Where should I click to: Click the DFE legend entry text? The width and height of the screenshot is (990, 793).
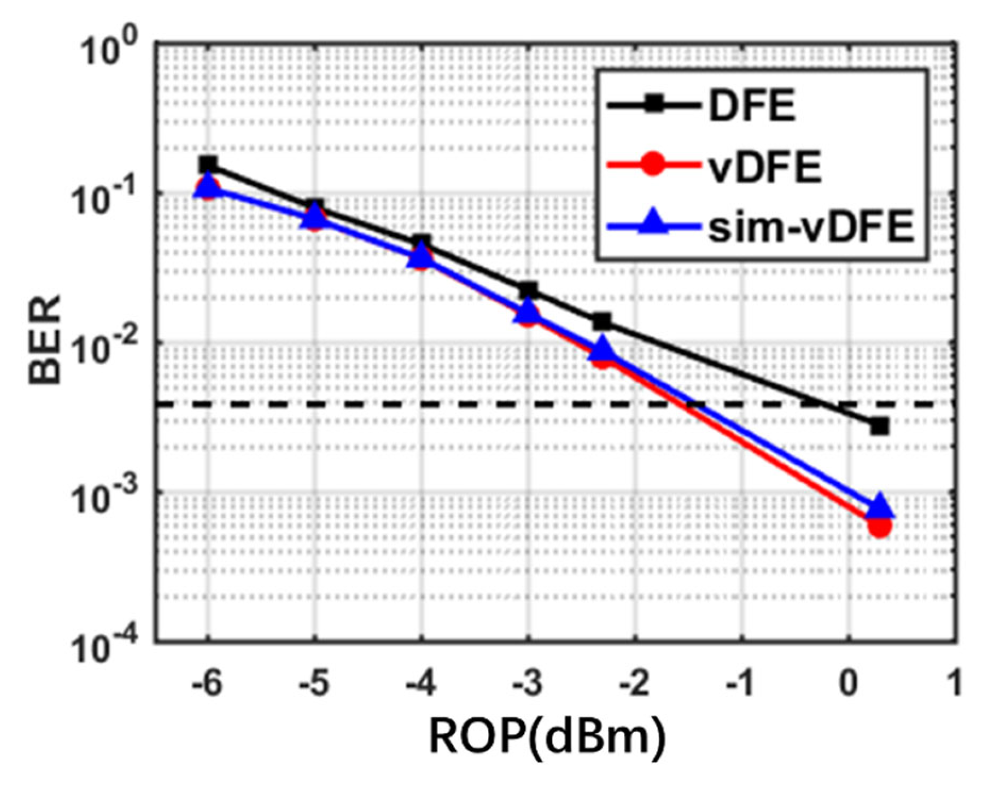click(x=752, y=106)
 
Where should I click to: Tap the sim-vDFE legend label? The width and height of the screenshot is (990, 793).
click(x=811, y=227)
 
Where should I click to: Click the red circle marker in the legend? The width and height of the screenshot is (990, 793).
click(x=654, y=165)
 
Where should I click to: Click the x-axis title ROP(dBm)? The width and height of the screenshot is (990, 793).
click(x=547, y=736)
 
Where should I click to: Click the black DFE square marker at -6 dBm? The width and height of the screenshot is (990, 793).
click(x=208, y=165)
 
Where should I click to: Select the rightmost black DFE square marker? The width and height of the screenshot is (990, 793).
click(x=880, y=426)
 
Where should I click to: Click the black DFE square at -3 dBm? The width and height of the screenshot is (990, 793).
click(x=528, y=291)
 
